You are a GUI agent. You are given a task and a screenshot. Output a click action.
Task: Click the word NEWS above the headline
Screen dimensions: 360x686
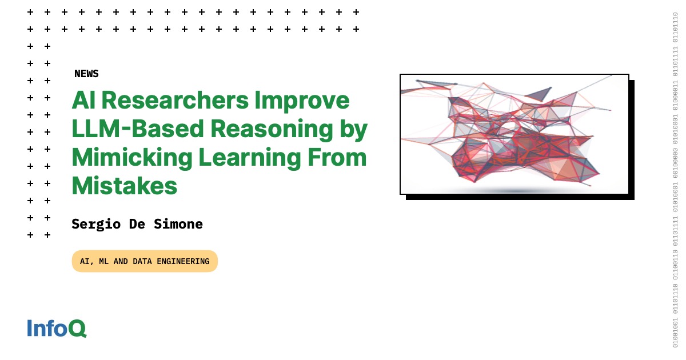click(86, 74)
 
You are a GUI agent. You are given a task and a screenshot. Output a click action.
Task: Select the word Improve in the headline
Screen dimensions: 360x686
click(302, 101)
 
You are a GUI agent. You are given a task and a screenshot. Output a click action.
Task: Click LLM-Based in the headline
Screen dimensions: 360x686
click(137, 130)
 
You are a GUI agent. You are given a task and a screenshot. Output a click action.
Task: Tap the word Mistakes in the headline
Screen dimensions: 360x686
click(124, 186)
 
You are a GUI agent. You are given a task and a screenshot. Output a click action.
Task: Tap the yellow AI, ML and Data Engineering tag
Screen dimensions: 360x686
click(145, 261)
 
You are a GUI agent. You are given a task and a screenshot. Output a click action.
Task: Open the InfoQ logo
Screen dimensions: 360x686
click(57, 329)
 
